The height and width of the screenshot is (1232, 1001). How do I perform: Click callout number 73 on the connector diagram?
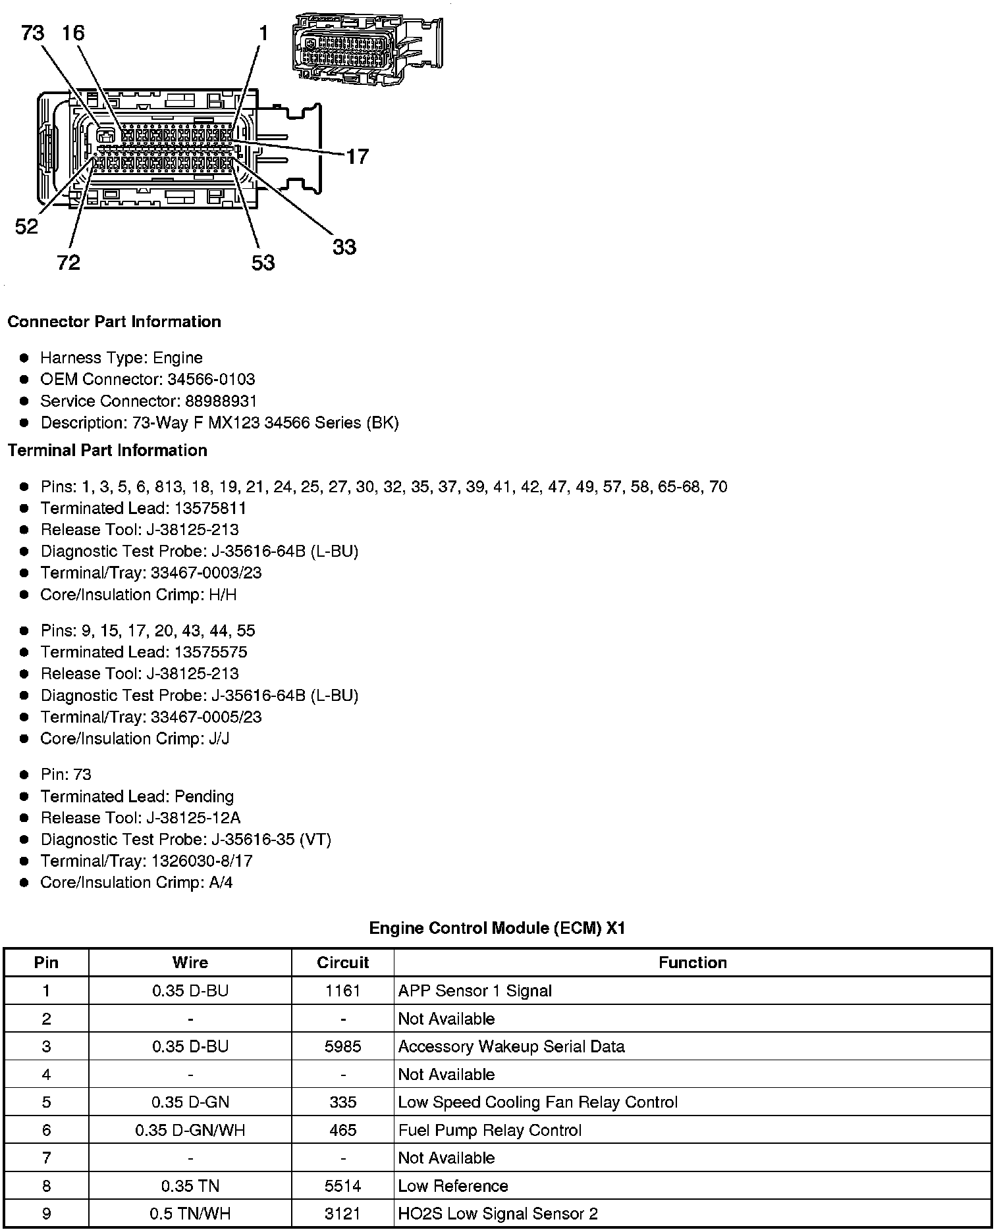[x=33, y=32]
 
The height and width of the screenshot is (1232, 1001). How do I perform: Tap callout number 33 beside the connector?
[x=344, y=247]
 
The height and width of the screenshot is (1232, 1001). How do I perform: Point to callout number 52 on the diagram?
[x=26, y=227]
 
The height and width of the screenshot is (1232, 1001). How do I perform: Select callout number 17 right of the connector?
[x=357, y=157]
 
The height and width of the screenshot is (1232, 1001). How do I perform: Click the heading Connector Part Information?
[x=114, y=322]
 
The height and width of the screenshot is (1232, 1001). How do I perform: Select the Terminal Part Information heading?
[x=107, y=450]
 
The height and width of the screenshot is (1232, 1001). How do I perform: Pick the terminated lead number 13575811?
[x=211, y=508]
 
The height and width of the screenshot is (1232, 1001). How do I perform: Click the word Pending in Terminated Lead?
[x=204, y=796]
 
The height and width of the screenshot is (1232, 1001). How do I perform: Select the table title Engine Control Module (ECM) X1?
[x=497, y=928]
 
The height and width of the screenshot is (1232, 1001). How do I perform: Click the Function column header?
[x=692, y=963]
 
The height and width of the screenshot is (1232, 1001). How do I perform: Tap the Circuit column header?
[x=342, y=963]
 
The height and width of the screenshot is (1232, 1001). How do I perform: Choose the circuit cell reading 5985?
[x=342, y=1046]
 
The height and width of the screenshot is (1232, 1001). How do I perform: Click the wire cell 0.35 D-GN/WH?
[x=190, y=1130]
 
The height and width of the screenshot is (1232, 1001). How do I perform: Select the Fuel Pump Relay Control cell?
[x=490, y=1130]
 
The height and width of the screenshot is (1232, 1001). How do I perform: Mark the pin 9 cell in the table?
[x=46, y=1214]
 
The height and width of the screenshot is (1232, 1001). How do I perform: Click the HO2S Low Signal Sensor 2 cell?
[x=498, y=1214]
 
